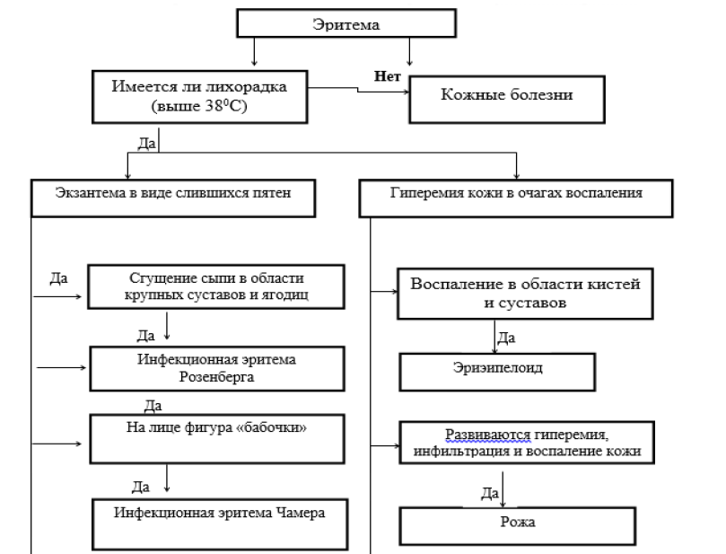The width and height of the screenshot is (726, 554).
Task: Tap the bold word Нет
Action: click(388, 75)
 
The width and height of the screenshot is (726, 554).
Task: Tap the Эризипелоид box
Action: click(496, 369)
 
